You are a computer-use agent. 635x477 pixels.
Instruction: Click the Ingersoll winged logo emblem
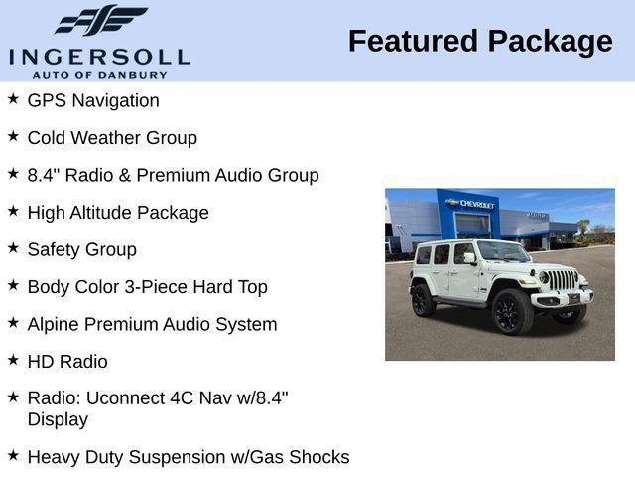100,21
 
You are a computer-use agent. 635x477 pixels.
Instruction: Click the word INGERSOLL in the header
99,56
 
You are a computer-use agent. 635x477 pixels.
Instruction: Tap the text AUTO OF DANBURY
99,74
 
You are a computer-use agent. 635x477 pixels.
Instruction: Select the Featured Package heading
480,42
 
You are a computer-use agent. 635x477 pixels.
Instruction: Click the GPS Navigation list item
93,100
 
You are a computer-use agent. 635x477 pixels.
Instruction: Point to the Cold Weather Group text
112,138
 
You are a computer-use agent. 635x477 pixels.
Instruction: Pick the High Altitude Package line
118,213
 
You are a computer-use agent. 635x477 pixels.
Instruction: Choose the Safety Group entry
82,249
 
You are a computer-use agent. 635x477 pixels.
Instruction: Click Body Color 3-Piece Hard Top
147,287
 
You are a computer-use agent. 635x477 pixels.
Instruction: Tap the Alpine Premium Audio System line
152,324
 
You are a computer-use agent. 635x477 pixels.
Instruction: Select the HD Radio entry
67,362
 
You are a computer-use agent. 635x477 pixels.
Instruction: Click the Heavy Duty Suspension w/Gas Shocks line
189,457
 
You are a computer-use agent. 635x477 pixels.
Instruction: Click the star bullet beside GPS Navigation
13,99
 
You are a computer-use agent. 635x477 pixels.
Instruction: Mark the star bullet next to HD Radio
13,360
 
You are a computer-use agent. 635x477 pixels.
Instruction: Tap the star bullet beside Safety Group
13,247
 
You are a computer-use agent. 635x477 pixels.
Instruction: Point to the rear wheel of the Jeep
424,300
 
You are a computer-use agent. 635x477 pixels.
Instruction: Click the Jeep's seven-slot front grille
564,280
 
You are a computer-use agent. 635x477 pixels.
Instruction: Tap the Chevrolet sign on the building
472,204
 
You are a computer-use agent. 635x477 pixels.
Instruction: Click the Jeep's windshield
503,252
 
